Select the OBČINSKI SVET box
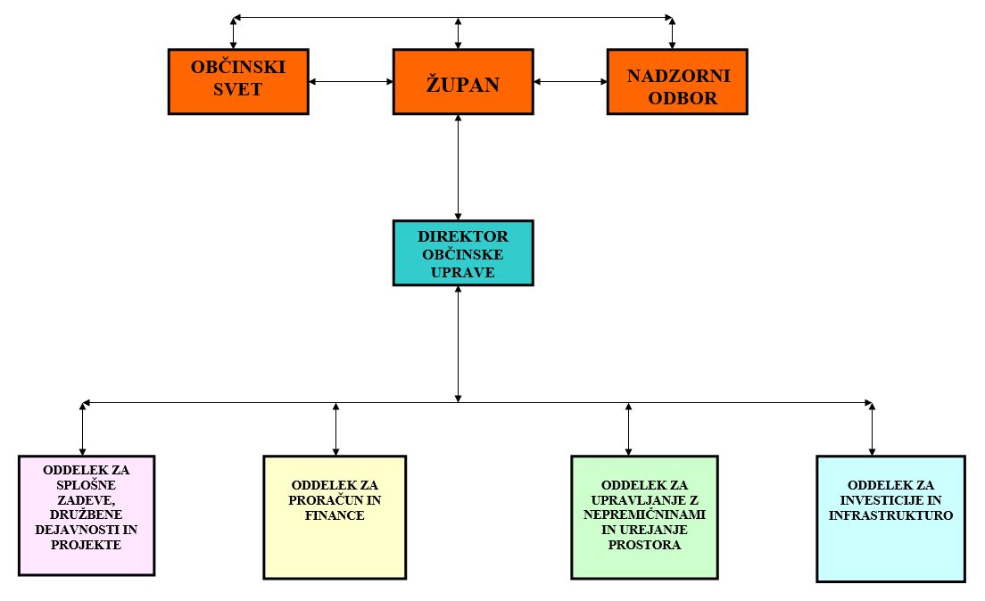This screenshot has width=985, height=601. pyautogui.click(x=238, y=81)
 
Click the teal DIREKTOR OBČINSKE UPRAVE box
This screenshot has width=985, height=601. pyautogui.click(x=463, y=253)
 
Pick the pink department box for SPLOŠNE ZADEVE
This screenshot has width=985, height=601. pyautogui.click(x=87, y=515)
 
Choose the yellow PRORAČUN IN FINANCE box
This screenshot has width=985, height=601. pyautogui.click(x=334, y=517)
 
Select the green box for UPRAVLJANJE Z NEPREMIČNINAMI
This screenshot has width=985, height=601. pyautogui.click(x=643, y=517)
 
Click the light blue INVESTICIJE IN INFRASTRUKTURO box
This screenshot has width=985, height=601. pyautogui.click(x=890, y=518)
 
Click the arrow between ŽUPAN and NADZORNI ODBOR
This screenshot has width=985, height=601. pyautogui.click(x=570, y=82)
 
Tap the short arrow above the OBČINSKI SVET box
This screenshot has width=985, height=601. pyautogui.click(x=234, y=33)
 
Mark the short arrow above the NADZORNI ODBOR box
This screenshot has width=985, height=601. pyautogui.click(x=673, y=33)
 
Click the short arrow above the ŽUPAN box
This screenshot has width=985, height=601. pyautogui.click(x=459, y=33)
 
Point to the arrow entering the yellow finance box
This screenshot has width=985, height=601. pyautogui.click(x=335, y=429)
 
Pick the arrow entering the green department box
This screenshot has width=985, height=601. pyautogui.click(x=629, y=429)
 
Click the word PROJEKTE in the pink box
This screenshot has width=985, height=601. pyautogui.click(x=87, y=544)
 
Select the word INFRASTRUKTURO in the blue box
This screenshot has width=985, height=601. pyautogui.click(x=890, y=515)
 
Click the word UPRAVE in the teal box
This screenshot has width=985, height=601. pyautogui.click(x=463, y=271)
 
